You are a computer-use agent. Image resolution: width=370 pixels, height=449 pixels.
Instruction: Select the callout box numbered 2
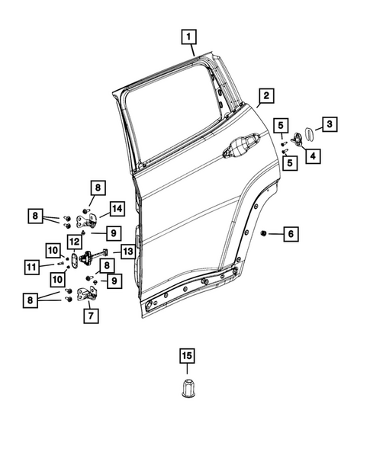pyautogui.click(x=265, y=96)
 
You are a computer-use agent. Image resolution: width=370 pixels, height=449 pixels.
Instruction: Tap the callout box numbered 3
pyautogui.click(x=330, y=123)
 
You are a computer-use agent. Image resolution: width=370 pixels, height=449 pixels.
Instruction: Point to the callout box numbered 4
pyautogui.click(x=313, y=156)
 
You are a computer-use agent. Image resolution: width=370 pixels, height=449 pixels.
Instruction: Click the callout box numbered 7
pyautogui.click(x=91, y=314)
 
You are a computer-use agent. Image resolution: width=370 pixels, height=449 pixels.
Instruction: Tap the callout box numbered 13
pyautogui.click(x=127, y=251)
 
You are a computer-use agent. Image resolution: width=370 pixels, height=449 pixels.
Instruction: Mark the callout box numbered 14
pyautogui.click(x=116, y=209)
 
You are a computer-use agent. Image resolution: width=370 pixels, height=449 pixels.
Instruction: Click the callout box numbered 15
pyautogui.click(x=188, y=355)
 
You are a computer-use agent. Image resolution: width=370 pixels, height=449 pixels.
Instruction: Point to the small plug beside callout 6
pyautogui.click(x=264, y=232)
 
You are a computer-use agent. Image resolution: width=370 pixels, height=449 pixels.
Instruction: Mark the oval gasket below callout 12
pyautogui.click(x=75, y=261)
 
